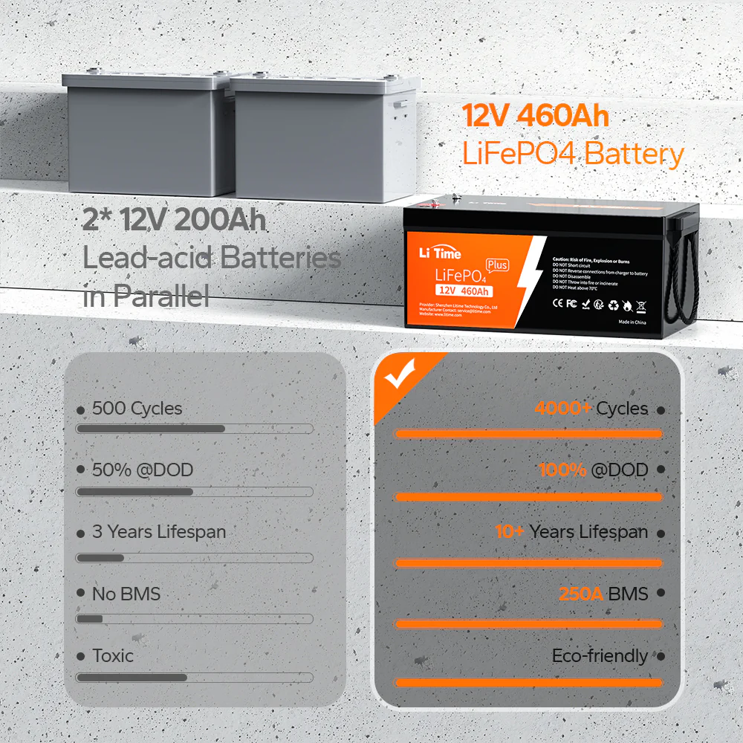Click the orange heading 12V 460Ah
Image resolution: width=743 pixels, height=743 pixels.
(x=536, y=117)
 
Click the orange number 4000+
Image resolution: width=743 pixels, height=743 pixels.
(x=563, y=409)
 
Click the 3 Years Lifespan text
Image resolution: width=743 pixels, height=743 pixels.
(x=158, y=532)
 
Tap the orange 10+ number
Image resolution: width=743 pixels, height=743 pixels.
(x=510, y=532)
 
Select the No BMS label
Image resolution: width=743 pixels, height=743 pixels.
(x=126, y=594)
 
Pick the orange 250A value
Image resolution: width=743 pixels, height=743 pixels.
(x=581, y=594)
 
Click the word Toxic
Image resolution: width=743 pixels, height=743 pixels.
(x=113, y=656)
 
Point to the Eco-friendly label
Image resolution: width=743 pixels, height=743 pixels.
(x=600, y=656)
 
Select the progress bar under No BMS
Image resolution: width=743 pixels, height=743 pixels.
(x=195, y=618)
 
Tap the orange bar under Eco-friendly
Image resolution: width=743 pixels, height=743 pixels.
(x=528, y=682)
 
